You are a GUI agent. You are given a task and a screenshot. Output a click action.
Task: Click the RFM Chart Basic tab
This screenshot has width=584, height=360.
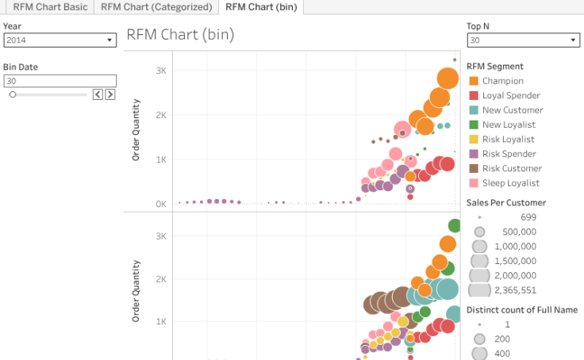click(x=49, y=7)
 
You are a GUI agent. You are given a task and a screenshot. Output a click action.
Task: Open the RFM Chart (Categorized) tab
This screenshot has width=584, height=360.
click(x=156, y=7)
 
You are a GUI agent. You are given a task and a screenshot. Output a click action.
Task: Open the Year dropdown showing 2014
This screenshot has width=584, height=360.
click(x=60, y=40)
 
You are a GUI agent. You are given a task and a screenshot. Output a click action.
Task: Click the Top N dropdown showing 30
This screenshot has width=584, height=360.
click(x=523, y=40)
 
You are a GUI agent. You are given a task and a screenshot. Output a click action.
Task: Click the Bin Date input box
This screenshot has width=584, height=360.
click(x=60, y=81)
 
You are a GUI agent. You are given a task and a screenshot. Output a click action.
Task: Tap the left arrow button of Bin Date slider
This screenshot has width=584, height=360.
click(x=98, y=94)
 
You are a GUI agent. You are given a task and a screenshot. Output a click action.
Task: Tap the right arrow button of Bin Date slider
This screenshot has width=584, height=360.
click(x=110, y=94)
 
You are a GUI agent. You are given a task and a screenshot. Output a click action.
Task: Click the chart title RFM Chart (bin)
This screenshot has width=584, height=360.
click(x=180, y=35)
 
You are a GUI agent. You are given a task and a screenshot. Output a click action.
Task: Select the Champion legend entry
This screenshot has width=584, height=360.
click(x=502, y=81)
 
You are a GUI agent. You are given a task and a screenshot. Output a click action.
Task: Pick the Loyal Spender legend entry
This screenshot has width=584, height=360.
click(x=510, y=95)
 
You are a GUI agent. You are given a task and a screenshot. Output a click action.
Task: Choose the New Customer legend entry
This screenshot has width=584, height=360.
click(x=512, y=110)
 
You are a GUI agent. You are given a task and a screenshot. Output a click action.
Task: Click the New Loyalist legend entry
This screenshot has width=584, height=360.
click(x=509, y=124)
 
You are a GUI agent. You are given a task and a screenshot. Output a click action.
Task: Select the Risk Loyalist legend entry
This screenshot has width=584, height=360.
click(x=508, y=140)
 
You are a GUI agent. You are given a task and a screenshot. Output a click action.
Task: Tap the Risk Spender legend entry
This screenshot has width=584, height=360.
click(x=509, y=154)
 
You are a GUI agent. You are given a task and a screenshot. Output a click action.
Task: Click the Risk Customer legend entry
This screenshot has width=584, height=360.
click(x=512, y=168)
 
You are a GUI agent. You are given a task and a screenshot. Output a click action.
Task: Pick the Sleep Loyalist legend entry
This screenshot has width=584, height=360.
click(x=510, y=182)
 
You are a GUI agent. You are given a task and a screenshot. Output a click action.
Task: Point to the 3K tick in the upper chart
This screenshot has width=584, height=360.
click(x=160, y=71)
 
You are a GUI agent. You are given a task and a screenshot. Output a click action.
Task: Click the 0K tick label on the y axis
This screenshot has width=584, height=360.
click(x=160, y=204)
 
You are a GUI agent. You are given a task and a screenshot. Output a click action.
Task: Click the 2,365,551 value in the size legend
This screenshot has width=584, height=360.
click(x=515, y=290)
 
